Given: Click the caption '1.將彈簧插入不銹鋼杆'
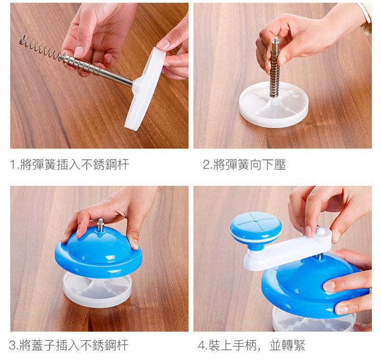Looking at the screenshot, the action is [x=69, y=165].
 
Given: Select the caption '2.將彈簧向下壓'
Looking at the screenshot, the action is [x=244, y=165].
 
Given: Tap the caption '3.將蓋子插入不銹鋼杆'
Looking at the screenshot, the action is [x=69, y=345].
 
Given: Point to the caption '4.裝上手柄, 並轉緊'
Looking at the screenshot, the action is [x=251, y=345].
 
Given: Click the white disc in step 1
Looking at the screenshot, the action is [x=146, y=89].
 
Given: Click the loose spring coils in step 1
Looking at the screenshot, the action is [x=40, y=47].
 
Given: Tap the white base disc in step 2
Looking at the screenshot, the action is [x=274, y=105].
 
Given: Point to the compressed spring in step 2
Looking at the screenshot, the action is [x=274, y=73].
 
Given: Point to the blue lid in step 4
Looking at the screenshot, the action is [x=313, y=287].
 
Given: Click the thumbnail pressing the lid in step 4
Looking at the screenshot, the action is [x=329, y=286].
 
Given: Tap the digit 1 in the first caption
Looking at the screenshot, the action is [x=13, y=165].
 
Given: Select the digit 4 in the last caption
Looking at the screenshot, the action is [x=202, y=345].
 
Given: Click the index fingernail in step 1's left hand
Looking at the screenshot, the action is [x=78, y=51].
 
